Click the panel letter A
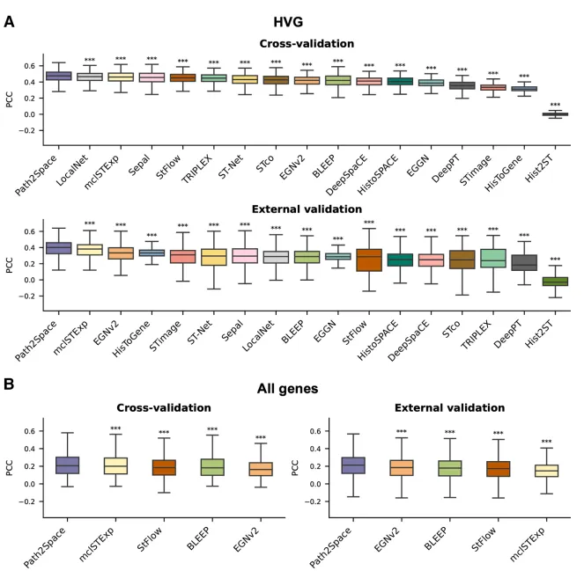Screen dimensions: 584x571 tap(10, 22)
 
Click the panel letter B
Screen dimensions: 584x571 tap(9, 384)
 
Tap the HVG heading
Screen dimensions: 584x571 tap(288, 22)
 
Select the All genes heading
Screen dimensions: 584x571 tap(287, 389)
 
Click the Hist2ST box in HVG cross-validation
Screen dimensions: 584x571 tap(555, 114)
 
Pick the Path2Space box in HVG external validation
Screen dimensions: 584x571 tap(59, 248)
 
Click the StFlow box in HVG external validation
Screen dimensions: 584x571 tap(369, 260)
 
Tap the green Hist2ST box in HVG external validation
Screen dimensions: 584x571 tap(555, 282)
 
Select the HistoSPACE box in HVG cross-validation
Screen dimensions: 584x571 tap(400, 82)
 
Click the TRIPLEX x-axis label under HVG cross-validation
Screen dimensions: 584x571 tap(197, 170)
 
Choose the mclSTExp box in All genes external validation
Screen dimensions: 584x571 tap(546, 471)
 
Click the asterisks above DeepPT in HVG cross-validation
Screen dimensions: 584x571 tap(462, 70)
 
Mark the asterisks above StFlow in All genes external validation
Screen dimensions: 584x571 tap(498, 434)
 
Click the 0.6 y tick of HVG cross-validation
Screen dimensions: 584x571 tap(30, 66)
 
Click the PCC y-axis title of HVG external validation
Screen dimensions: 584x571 tap(10, 265)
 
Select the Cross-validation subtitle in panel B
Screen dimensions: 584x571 tap(164, 407)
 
